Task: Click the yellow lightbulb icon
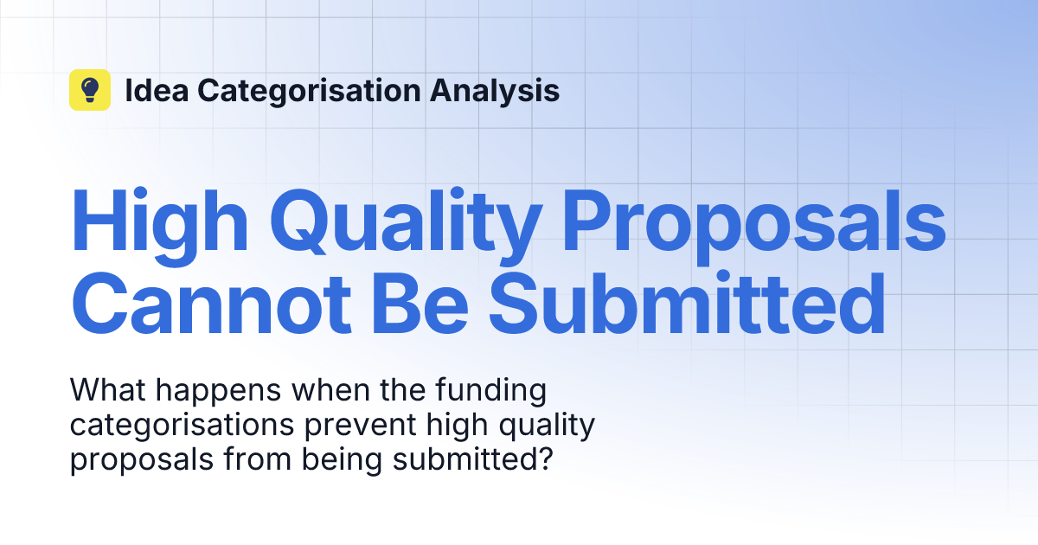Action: click(90, 90)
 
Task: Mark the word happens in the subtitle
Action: click(219, 392)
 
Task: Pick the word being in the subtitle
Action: click(343, 461)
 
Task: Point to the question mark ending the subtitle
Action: click(544, 459)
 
